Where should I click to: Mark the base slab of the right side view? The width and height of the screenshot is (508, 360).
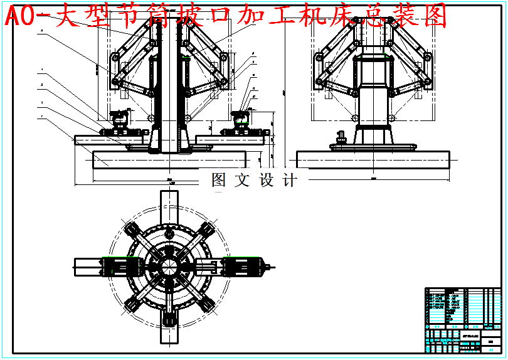pyautogui.click(x=374, y=159)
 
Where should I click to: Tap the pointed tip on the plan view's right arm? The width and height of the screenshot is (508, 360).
pyautogui.click(x=272, y=267)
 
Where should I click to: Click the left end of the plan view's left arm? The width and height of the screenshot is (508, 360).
pyautogui.click(x=77, y=267)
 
